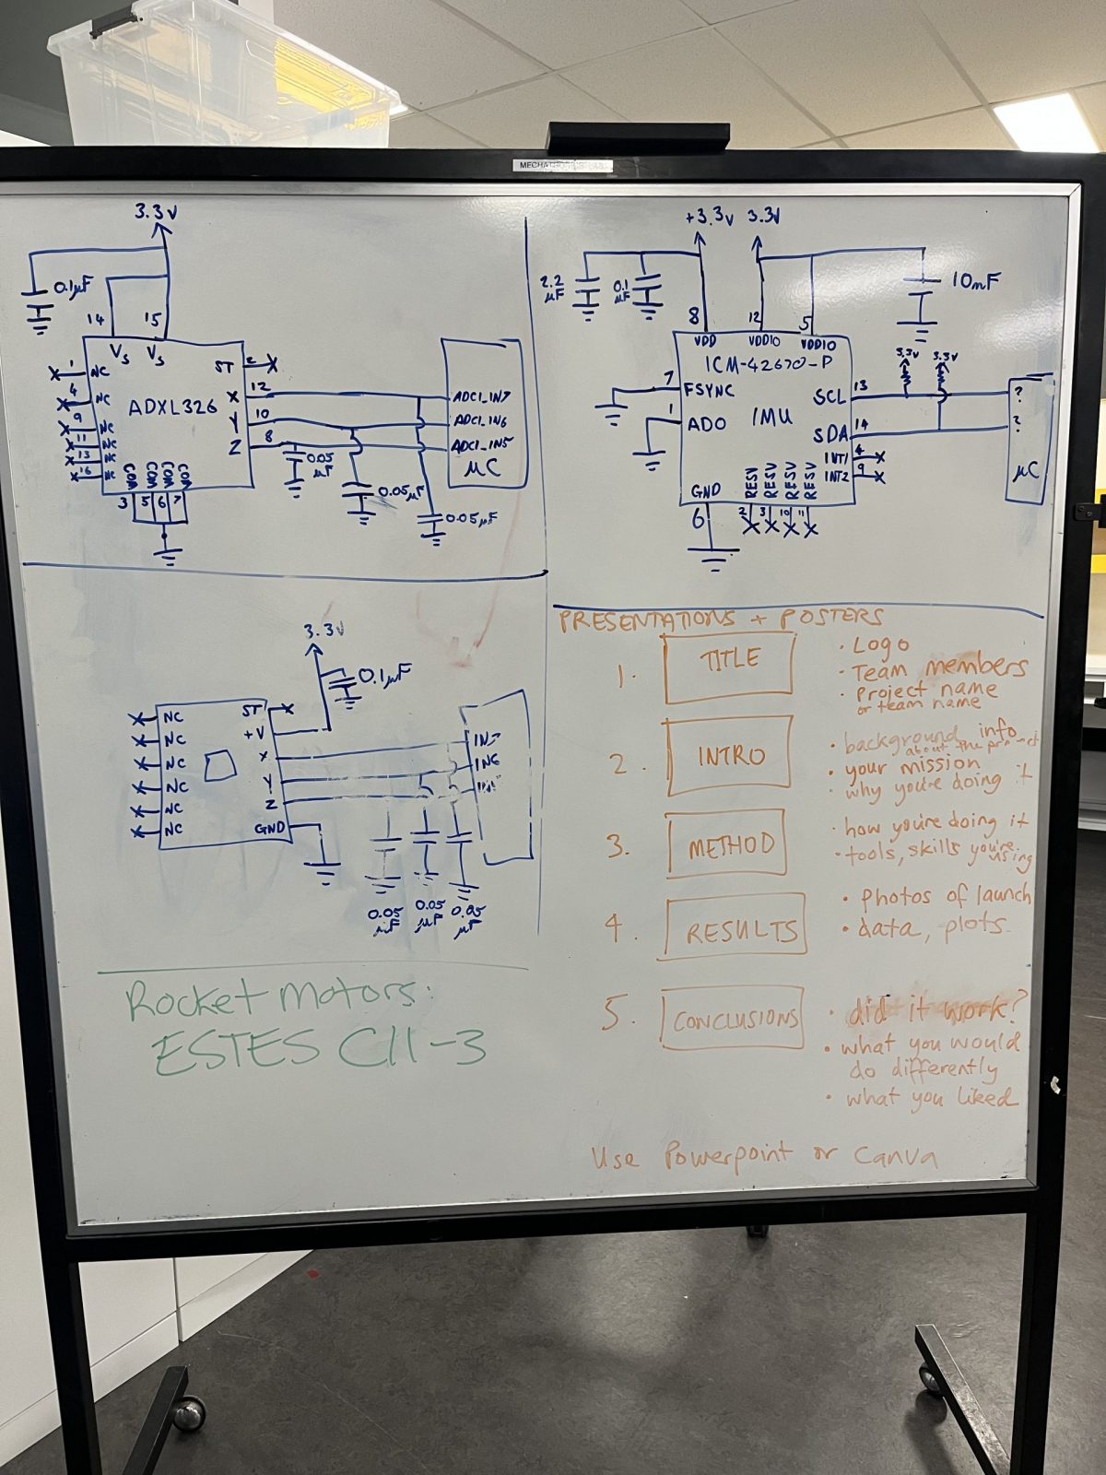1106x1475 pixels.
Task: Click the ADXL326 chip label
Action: (172, 406)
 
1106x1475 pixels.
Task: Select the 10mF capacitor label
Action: (975, 280)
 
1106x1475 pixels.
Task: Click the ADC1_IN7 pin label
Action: (481, 397)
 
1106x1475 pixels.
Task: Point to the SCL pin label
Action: (829, 396)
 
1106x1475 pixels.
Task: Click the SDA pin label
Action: (830, 433)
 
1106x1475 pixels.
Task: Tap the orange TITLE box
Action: (728, 662)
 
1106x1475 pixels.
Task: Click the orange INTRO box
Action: (729, 756)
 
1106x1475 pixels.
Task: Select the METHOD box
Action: (727, 844)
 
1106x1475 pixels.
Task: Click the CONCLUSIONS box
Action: (733, 1019)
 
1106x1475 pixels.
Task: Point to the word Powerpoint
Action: (726, 1155)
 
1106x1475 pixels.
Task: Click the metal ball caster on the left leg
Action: (188, 1413)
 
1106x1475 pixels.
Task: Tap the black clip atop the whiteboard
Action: (638, 138)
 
